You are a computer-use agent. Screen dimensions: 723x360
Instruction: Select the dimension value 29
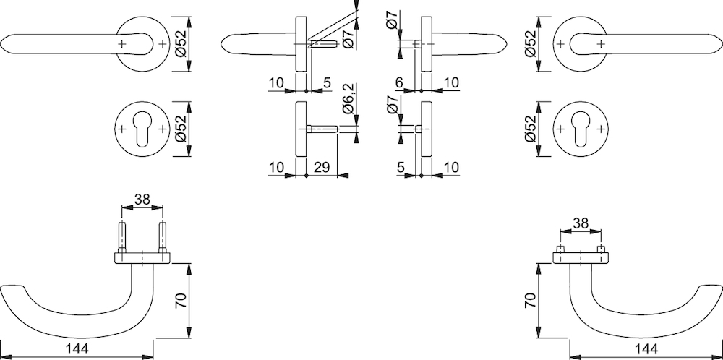click(322, 167)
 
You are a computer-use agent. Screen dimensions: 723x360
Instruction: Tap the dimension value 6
click(399, 82)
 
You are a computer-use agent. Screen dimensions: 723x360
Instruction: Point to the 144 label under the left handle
click(77, 348)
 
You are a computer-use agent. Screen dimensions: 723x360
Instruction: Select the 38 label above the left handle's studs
click(142, 199)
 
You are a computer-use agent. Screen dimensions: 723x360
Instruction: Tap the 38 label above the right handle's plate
click(581, 223)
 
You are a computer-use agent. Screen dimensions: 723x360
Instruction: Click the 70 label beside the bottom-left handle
click(181, 301)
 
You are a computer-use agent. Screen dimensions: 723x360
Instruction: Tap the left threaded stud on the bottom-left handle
click(121, 237)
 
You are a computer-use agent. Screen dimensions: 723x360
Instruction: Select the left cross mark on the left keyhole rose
click(121, 129)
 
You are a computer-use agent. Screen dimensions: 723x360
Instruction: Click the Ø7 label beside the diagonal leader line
click(348, 39)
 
